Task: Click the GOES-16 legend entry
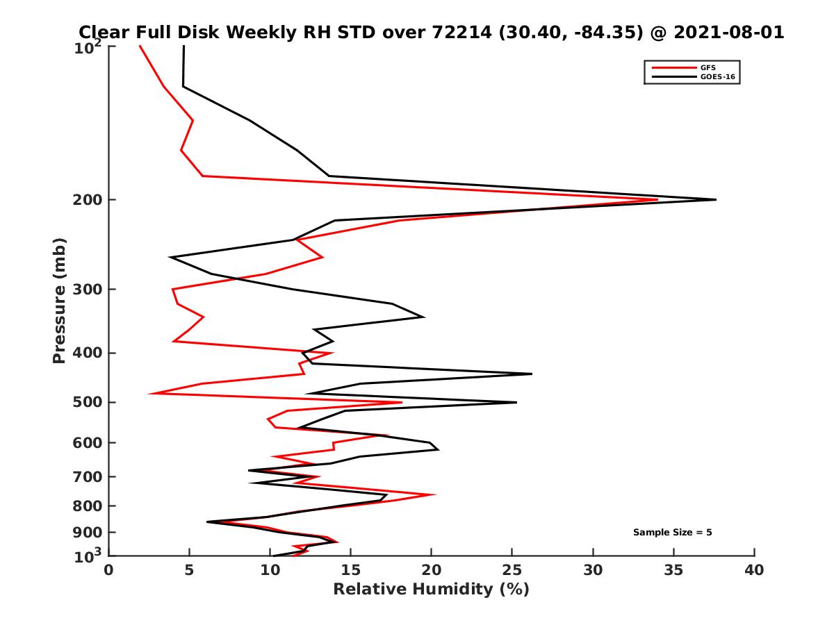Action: (715, 76)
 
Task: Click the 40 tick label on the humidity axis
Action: (754, 571)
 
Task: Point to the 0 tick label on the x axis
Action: (109, 571)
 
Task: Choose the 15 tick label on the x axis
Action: (351, 571)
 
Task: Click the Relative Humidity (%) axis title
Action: (431, 590)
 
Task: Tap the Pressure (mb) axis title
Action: (59, 300)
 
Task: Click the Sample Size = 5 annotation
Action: (672, 533)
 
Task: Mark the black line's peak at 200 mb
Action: (715, 200)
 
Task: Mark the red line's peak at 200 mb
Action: (657, 200)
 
